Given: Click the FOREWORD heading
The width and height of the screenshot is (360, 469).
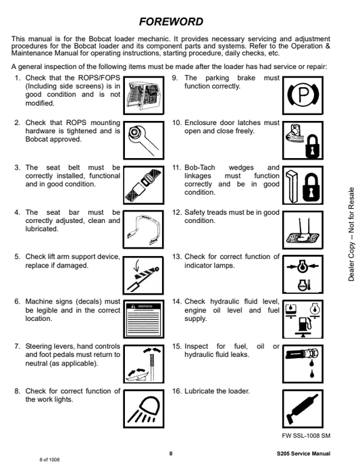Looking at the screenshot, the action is point(171,22).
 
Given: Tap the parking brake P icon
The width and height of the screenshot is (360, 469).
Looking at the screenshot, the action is point(303,95).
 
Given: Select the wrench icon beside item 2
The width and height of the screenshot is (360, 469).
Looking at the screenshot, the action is point(143,140).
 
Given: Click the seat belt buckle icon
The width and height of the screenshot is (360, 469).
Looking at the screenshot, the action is point(143,185).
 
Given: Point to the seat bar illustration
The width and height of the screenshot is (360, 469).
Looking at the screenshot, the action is point(143,229).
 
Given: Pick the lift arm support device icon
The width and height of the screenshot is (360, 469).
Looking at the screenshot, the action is point(143,274).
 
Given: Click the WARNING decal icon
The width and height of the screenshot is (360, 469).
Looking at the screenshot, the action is point(143,319).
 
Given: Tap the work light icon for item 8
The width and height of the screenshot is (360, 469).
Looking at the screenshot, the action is point(143,409).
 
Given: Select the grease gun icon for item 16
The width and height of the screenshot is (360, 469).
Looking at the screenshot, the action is point(303,409).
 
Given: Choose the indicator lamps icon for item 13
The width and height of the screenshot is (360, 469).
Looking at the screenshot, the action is point(303,274).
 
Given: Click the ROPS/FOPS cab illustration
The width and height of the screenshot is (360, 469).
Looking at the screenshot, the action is point(143,95).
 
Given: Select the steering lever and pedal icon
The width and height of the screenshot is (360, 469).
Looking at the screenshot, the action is point(143,364).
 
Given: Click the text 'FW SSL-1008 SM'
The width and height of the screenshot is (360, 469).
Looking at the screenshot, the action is point(306,436).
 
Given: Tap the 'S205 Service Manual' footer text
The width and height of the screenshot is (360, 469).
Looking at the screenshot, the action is point(303,453).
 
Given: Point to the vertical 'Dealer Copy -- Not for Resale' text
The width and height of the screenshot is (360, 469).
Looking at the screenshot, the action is point(351,234).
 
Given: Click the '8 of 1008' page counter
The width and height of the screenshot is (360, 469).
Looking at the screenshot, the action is point(49,460).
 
